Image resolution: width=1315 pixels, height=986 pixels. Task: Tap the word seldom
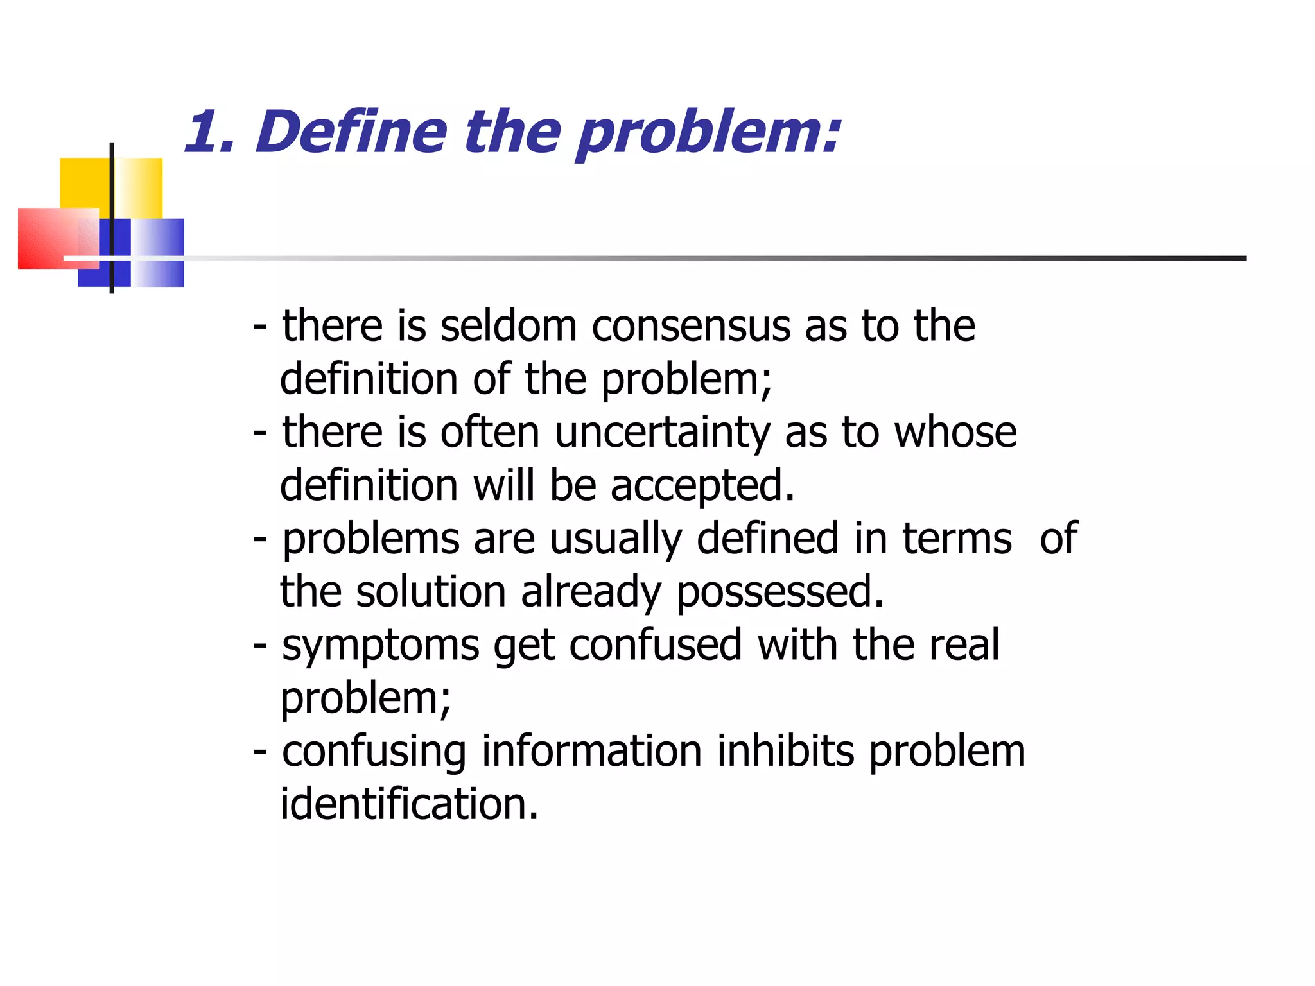[x=509, y=325]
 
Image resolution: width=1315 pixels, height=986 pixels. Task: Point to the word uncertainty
[x=662, y=432]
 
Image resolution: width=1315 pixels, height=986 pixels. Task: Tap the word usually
[x=616, y=539]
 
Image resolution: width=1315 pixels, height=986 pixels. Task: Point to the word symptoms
[x=381, y=645]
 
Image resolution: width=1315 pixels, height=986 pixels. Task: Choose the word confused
[x=655, y=645]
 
